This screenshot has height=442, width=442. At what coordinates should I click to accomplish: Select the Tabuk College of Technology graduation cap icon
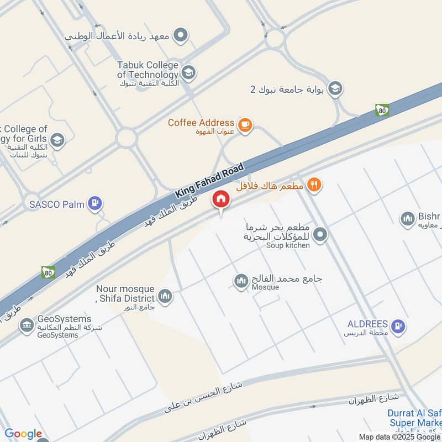point(188,72)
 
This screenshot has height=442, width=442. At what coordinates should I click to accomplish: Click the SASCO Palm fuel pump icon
point(96,204)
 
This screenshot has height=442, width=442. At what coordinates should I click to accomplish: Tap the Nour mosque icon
point(165,297)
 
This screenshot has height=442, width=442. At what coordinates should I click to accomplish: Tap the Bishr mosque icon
point(408,219)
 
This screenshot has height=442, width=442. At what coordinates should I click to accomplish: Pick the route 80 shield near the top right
point(381,110)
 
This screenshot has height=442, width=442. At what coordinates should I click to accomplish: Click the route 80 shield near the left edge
point(48,272)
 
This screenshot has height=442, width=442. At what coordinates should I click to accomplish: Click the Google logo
point(23,434)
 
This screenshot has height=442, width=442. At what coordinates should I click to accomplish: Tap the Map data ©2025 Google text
point(399,436)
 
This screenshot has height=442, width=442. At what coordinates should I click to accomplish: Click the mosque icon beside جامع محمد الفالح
point(240,282)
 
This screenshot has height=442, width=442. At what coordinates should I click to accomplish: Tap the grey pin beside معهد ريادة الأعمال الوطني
point(180,36)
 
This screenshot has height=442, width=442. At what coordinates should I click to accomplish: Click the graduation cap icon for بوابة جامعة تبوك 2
point(335,88)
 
